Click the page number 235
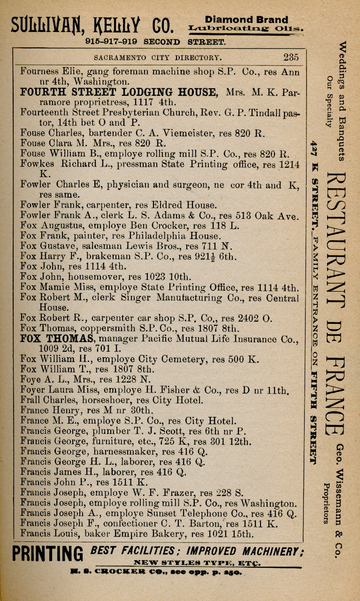pyautogui.click(x=291, y=58)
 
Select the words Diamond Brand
pyautogui.click(x=246, y=20)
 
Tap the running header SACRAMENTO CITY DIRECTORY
pyautogui.click(x=157, y=58)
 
